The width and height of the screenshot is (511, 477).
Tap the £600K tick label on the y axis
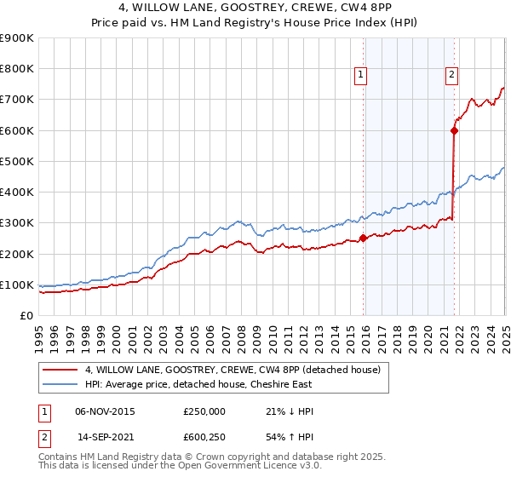[16, 130]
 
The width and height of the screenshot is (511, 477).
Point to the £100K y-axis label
[16, 284]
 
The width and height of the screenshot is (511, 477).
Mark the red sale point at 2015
[364, 238]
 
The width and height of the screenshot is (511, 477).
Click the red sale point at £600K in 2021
[454, 130]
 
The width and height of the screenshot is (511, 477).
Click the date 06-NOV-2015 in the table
[105, 411]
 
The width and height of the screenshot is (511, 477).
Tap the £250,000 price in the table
[204, 411]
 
